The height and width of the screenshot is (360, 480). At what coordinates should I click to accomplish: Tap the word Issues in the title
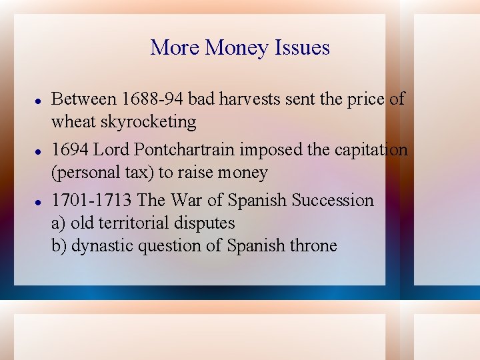pyautogui.click(x=301, y=48)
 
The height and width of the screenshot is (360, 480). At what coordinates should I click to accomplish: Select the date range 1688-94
pyautogui.click(x=153, y=99)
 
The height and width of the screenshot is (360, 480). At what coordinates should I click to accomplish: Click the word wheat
pyautogui.click(x=74, y=122)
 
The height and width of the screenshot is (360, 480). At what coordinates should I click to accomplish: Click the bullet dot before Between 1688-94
pyautogui.click(x=39, y=99)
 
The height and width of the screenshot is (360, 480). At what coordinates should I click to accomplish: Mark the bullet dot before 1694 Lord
pyautogui.click(x=39, y=150)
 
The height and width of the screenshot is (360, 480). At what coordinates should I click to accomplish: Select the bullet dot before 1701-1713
pyautogui.click(x=39, y=200)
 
